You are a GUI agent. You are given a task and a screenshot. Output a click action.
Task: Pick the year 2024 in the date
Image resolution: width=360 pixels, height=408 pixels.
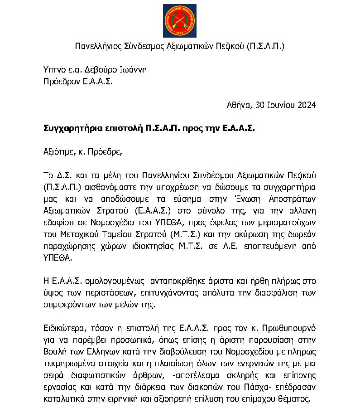(x=306, y=105)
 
